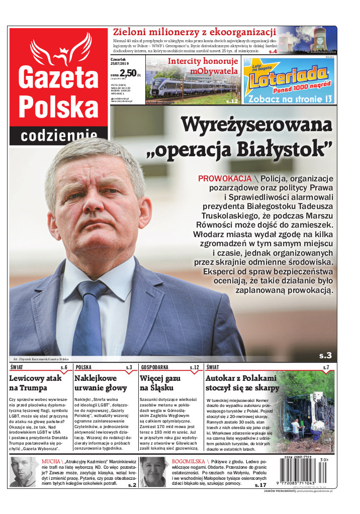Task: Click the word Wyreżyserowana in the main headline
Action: [x=256, y=124]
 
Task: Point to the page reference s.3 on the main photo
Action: [x=325, y=355]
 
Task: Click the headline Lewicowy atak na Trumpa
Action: [x=35, y=383]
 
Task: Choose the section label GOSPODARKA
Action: [x=155, y=367]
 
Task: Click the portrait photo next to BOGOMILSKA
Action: [x=153, y=472]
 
